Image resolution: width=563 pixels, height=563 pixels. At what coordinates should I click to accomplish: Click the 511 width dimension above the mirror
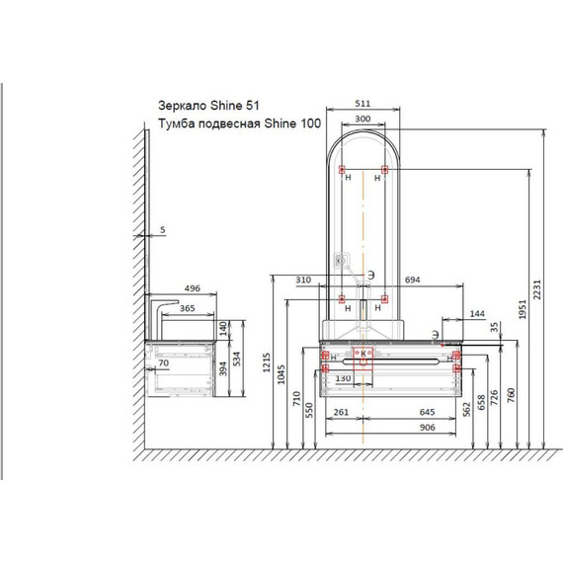click(x=362, y=104)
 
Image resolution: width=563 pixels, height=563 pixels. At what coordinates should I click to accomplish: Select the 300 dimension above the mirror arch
click(x=362, y=119)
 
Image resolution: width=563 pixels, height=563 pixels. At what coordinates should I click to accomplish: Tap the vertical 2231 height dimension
click(x=537, y=289)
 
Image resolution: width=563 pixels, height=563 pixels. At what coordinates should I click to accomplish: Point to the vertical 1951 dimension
click(x=523, y=309)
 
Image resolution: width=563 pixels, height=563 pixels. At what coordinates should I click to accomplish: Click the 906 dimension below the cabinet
click(x=428, y=428)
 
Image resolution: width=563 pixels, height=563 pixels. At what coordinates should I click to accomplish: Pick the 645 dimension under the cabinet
click(x=428, y=412)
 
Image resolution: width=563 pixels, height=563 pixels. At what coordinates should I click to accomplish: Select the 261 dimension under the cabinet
click(x=341, y=412)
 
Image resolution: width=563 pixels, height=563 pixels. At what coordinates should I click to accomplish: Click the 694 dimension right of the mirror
click(x=412, y=280)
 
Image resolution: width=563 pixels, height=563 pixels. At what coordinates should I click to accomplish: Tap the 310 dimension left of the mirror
click(x=303, y=280)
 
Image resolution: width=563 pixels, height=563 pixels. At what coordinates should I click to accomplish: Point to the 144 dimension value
click(x=477, y=313)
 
